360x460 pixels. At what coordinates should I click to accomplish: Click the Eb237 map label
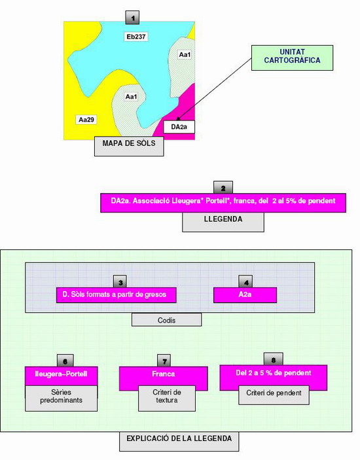click(136, 37)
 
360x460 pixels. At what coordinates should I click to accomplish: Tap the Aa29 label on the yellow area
click(86, 120)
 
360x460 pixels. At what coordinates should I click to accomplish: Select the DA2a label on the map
click(179, 127)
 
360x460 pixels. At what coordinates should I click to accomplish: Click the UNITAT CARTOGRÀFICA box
click(292, 58)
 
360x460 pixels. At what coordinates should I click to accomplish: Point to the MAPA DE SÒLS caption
click(129, 146)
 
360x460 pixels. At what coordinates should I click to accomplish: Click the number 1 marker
click(132, 18)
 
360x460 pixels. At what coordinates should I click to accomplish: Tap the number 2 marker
click(223, 188)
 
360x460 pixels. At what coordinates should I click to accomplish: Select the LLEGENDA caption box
click(223, 222)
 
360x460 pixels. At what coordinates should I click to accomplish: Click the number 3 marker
click(120, 282)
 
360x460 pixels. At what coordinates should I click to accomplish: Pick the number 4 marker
click(246, 282)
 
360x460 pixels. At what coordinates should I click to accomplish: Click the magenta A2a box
click(245, 295)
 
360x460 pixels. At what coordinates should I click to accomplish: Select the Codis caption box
click(167, 320)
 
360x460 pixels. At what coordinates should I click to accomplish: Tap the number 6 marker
click(65, 361)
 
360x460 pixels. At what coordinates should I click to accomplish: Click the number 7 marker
click(164, 361)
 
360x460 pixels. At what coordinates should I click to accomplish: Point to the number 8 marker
click(274, 359)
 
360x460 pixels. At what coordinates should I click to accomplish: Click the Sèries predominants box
click(62, 398)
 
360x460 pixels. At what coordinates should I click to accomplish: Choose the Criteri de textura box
click(167, 398)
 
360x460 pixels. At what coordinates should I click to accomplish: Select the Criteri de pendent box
click(274, 395)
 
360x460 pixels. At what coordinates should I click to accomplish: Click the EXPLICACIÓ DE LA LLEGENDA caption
click(179, 441)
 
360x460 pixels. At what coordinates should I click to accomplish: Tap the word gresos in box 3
click(156, 294)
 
